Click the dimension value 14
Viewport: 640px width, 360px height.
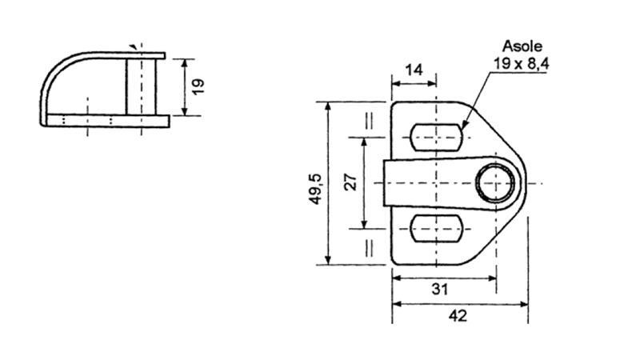pos(414,70)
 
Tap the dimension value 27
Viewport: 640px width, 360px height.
pos(350,182)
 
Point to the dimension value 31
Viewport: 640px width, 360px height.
pos(439,289)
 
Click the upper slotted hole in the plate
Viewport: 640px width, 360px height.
pos(436,137)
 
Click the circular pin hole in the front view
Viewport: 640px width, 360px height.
pos(496,183)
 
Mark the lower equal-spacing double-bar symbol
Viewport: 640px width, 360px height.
pos(370,246)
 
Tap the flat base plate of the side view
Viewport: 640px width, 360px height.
pos(104,121)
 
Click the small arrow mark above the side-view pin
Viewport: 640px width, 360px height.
pos(133,46)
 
